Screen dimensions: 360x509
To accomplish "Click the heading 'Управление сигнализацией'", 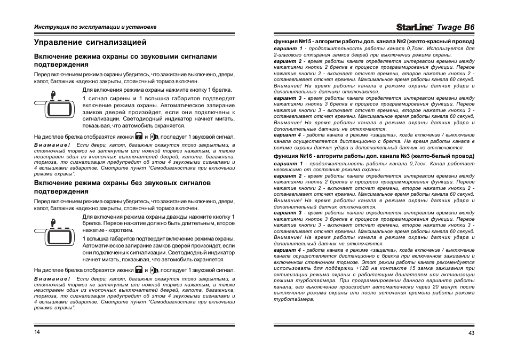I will click(90, 42).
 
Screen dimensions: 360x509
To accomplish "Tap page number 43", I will click(471, 333).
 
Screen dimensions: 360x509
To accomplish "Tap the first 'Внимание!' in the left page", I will click(52, 145).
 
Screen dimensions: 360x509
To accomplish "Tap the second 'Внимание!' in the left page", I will click(52, 278).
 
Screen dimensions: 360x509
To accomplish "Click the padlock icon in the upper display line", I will click(139, 137).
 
